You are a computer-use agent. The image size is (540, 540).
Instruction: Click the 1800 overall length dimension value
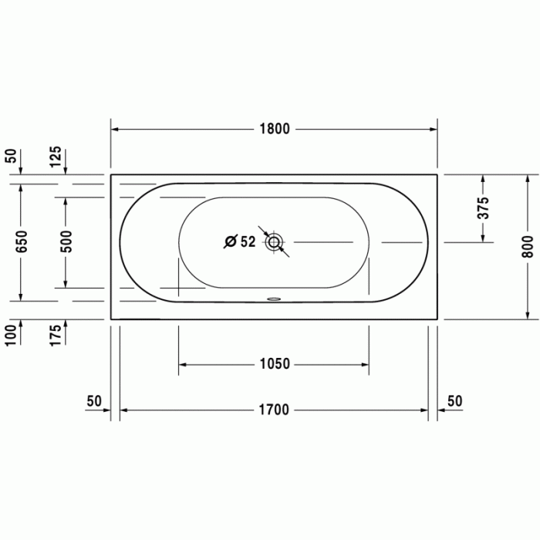coord(274,129)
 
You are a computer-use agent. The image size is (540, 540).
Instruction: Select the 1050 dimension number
coord(274,364)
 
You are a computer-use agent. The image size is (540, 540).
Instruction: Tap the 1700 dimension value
coord(274,410)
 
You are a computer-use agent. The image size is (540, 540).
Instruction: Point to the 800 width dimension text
coord(528,245)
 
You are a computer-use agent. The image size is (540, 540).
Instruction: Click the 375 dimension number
coord(484,209)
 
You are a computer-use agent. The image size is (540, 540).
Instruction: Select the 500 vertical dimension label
coord(66,242)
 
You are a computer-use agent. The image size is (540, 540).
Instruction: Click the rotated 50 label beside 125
coord(10,155)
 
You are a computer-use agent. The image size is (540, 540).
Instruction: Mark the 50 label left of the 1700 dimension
coord(94,401)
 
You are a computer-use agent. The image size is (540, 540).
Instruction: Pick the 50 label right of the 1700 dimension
coord(454,401)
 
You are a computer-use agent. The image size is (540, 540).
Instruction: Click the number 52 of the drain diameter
coord(247,242)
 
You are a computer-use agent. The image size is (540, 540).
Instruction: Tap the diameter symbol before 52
coord(230,242)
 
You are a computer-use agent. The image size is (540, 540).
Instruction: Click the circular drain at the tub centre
coord(274,242)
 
